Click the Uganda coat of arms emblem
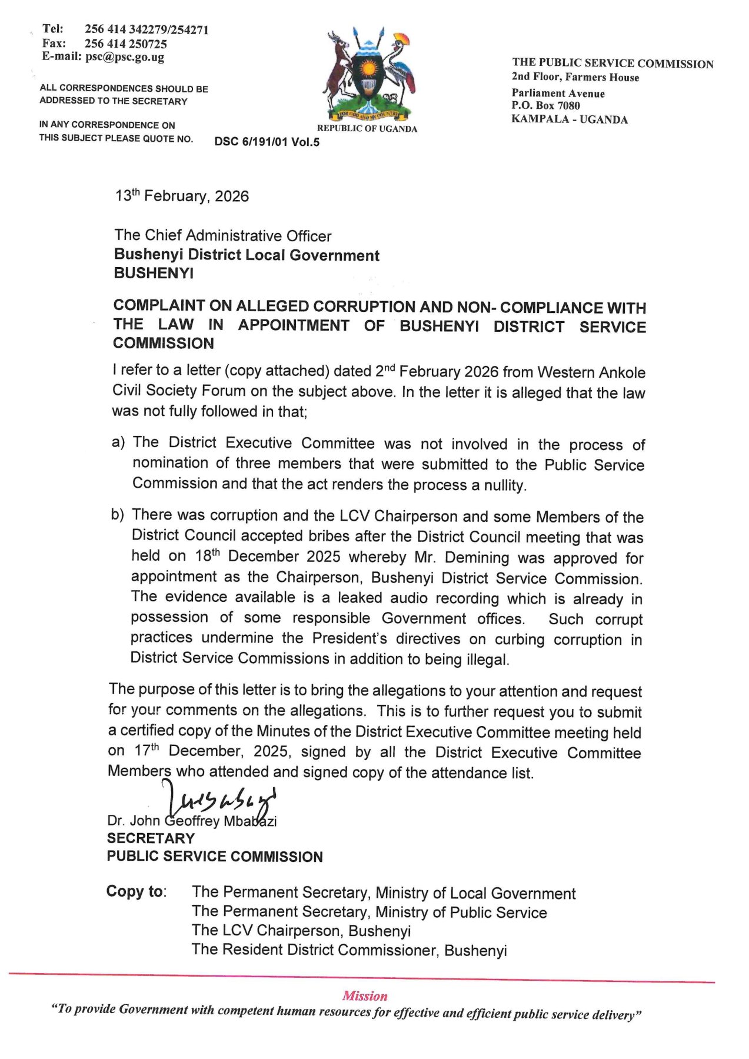click(x=368, y=74)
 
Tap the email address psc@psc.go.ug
click(x=125, y=57)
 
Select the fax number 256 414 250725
click(x=125, y=44)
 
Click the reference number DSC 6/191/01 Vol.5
click(x=267, y=142)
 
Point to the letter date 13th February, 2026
click(x=182, y=196)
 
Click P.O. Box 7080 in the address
click(x=545, y=106)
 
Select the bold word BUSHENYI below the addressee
click(x=154, y=273)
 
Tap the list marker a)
click(x=118, y=442)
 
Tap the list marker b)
click(x=118, y=515)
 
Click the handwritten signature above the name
click(x=221, y=801)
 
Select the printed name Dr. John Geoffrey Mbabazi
click(x=192, y=821)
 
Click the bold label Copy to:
click(x=137, y=891)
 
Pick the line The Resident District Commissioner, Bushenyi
click(x=349, y=950)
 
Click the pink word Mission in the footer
click(x=365, y=996)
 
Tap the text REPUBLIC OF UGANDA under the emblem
click(x=367, y=129)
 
